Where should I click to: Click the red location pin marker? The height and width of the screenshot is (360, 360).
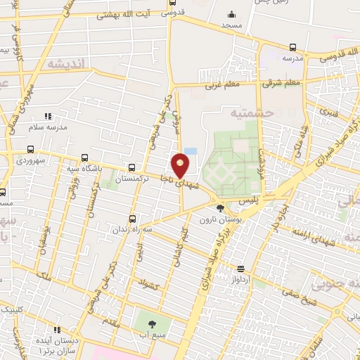(181, 166)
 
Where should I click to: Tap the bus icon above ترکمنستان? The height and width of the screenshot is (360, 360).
(131, 167)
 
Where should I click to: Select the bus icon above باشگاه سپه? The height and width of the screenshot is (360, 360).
(85, 158)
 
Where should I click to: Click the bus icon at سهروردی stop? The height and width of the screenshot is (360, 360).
(30, 149)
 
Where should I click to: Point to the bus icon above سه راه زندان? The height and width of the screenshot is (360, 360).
(132, 218)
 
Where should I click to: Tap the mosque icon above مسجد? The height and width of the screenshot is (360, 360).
(231, 14)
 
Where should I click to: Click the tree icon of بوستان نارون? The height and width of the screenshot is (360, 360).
(221, 208)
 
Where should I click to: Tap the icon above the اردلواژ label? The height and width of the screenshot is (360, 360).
(240, 268)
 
